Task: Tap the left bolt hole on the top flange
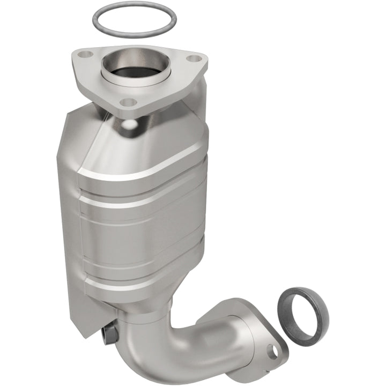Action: pos(83,54)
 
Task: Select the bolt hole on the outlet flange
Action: pos(274,351)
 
